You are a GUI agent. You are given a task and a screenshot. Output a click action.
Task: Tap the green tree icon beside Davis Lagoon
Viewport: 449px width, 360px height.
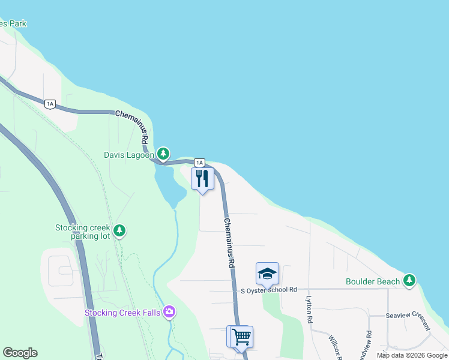coord(163,154)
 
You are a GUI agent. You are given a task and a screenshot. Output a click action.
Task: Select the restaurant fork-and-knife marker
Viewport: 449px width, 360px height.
coord(202,179)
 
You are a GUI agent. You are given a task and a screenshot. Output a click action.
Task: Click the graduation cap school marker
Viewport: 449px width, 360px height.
coord(267,274)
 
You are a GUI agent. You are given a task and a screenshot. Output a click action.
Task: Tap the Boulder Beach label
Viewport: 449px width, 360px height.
coord(373,281)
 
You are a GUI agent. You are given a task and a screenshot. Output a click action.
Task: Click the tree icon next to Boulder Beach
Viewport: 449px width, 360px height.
coord(409,280)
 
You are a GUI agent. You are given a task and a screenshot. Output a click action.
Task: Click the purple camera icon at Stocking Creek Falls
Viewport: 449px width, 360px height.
coord(169,311)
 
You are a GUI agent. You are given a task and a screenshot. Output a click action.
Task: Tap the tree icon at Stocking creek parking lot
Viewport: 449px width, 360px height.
coord(120,230)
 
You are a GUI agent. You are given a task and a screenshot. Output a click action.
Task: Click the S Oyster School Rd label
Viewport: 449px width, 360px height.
coord(269,290)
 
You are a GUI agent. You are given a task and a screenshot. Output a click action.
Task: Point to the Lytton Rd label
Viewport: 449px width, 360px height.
coord(310,312)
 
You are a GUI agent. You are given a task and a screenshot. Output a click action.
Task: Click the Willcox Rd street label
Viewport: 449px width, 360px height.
coord(334,347)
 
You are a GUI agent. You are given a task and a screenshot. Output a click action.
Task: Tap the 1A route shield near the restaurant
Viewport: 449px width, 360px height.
coord(199,163)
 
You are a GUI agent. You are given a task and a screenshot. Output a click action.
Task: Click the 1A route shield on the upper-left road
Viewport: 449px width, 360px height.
coord(50,104)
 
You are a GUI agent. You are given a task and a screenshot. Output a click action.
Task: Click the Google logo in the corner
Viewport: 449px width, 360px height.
coord(20,353)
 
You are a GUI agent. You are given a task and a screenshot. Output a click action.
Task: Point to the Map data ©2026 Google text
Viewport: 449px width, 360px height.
coord(412,355)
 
